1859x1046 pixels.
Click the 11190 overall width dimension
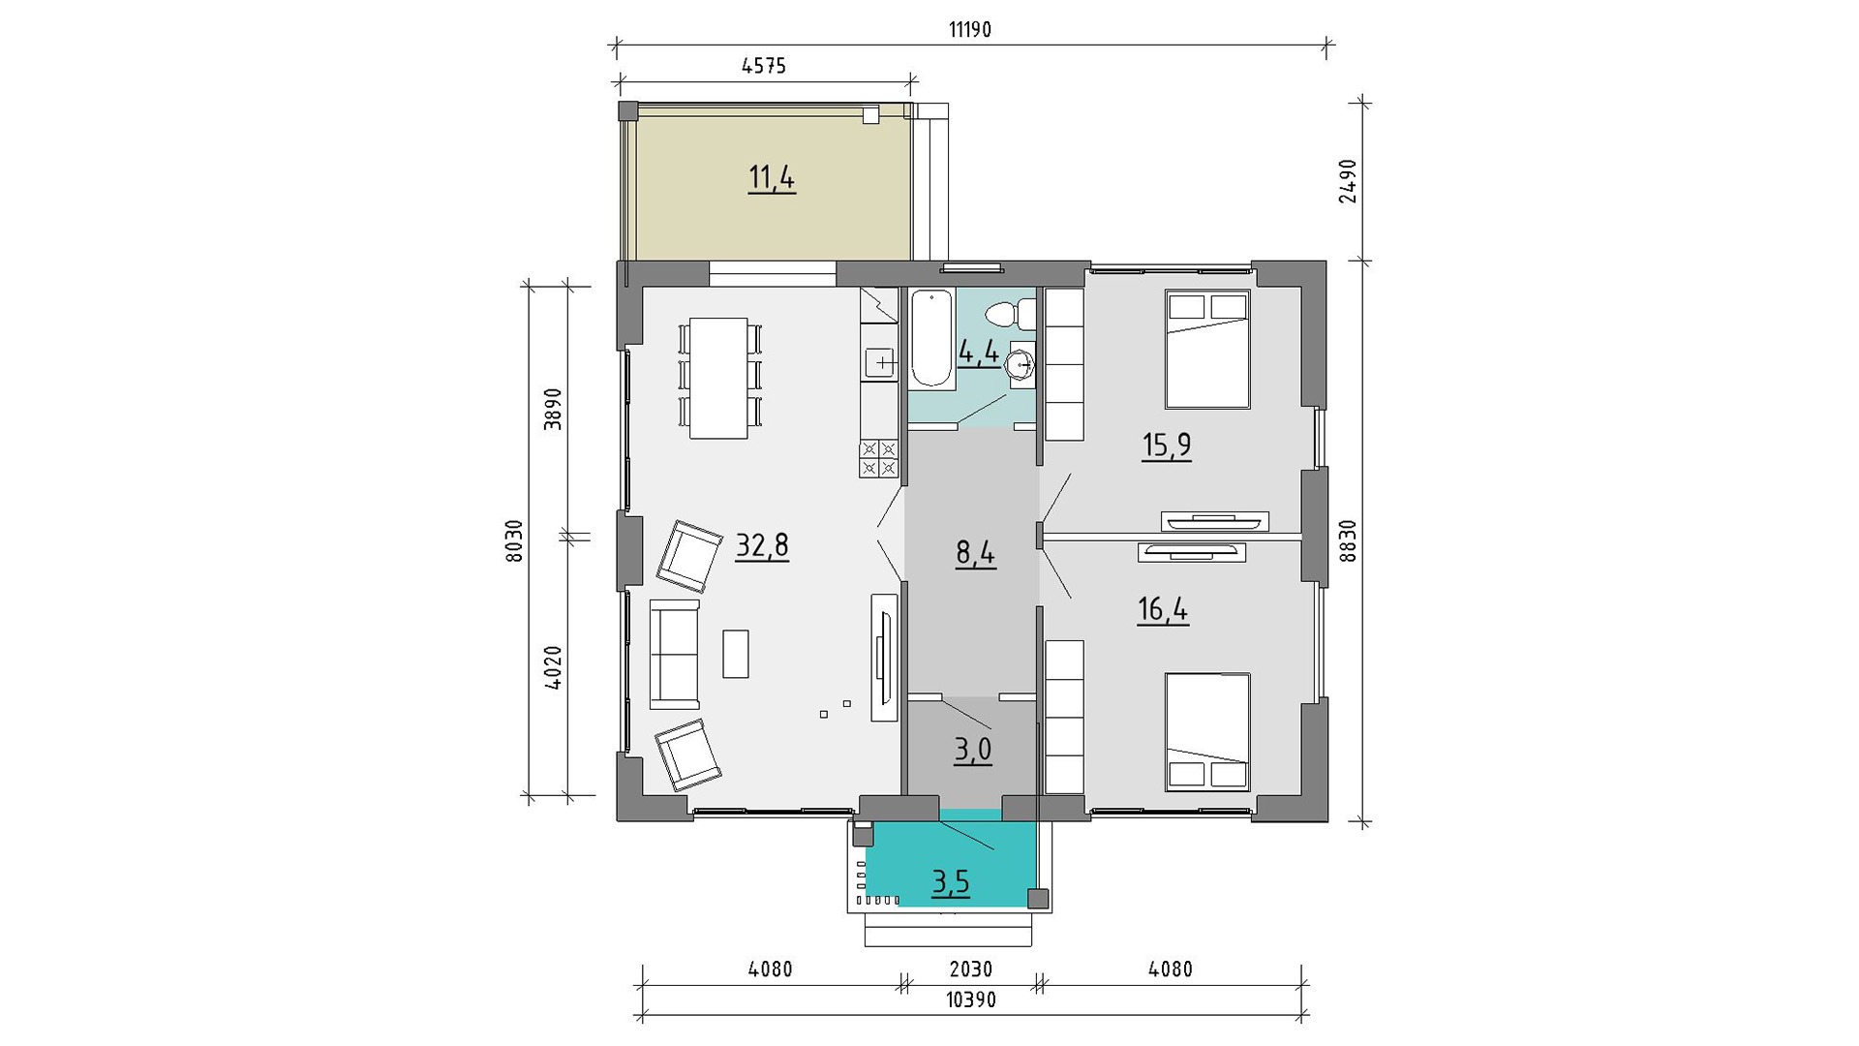pos(970,30)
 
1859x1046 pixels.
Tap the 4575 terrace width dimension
pos(764,67)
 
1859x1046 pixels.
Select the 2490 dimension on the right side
pos(1347,181)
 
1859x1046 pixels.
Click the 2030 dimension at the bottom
pos(970,969)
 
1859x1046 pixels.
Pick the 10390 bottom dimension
pos(970,1000)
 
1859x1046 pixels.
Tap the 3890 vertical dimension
pos(553,410)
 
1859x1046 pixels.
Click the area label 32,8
pos(763,546)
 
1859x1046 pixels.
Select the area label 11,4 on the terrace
pos(772,178)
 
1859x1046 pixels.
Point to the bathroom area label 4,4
pos(979,351)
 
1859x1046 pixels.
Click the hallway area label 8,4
pos(976,555)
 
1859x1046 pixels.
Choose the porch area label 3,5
pos(951,882)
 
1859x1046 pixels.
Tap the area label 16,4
pos(1163,611)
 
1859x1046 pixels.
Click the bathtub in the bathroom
pos(932,337)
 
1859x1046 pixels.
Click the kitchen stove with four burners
pos(878,458)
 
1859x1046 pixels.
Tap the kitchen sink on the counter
pos(881,363)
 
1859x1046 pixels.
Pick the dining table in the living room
pos(718,378)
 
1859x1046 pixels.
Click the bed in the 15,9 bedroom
pos(1207,349)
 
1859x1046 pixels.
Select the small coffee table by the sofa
pos(736,654)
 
